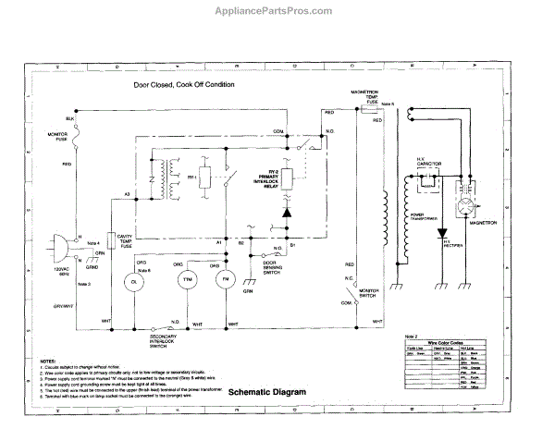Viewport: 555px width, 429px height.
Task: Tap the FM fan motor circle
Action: click(222, 278)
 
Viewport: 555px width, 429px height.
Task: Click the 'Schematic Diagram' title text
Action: click(265, 391)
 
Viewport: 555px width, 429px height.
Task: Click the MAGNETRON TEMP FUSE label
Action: click(366, 98)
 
